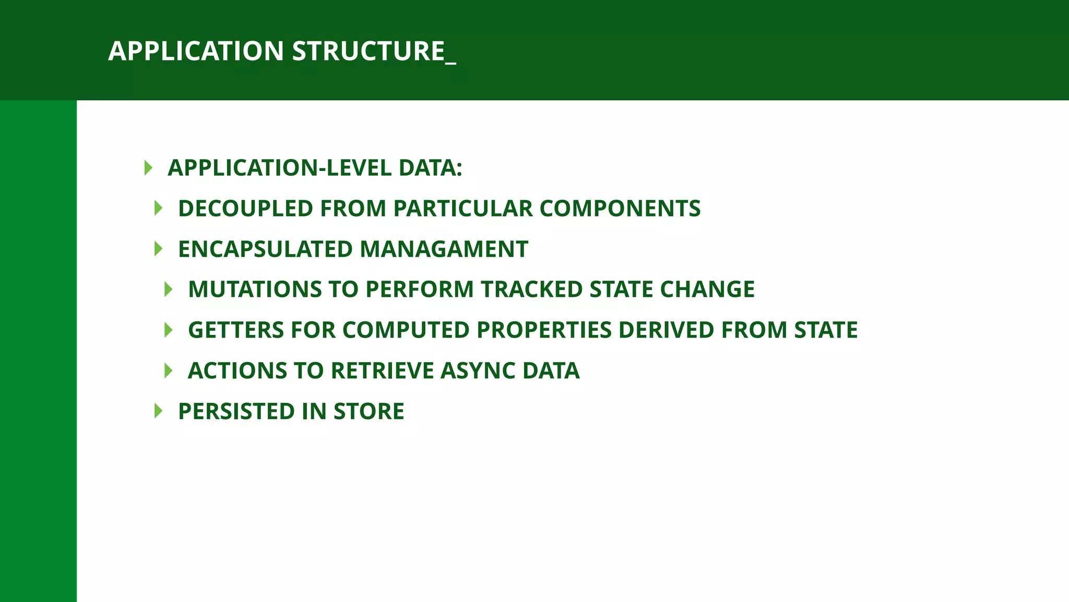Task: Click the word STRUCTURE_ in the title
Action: pyautogui.click(x=374, y=51)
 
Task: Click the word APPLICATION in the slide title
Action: pyautogui.click(x=196, y=51)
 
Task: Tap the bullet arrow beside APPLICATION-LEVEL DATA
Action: pyautogui.click(x=148, y=168)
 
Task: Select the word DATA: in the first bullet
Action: pyautogui.click(x=430, y=168)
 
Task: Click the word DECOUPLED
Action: pyautogui.click(x=245, y=209)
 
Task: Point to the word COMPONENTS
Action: pyautogui.click(x=620, y=209)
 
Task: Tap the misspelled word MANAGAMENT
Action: pyautogui.click(x=444, y=249)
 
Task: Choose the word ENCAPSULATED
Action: pyautogui.click(x=266, y=249)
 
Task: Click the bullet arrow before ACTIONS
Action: pyautogui.click(x=168, y=371)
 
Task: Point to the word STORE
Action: pyautogui.click(x=369, y=412)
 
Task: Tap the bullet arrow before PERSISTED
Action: pyautogui.click(x=158, y=412)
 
